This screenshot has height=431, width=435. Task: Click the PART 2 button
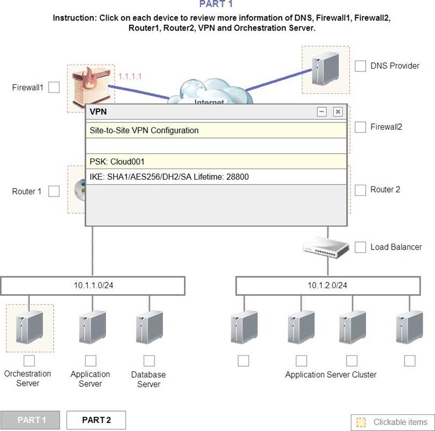[x=96, y=420]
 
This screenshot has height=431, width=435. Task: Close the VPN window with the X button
[x=337, y=112]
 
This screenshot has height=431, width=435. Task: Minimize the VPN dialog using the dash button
[x=321, y=112]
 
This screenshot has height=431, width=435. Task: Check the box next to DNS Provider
[x=360, y=66]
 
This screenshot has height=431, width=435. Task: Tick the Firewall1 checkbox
[x=54, y=87]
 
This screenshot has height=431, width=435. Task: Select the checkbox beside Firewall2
[x=360, y=127]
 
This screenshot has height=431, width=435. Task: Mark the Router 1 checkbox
[x=54, y=191]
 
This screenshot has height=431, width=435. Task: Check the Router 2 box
[x=360, y=190]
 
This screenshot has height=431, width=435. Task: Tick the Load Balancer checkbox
[x=360, y=247]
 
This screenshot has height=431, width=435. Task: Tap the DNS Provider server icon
[x=325, y=69]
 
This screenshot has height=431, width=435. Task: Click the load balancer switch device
[x=326, y=247]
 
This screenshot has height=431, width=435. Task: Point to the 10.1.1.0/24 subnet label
[x=93, y=286]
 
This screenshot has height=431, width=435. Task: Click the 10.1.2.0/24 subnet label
[x=327, y=286]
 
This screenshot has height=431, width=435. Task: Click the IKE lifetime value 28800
[x=238, y=177]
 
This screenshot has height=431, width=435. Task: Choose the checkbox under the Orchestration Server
[x=29, y=361]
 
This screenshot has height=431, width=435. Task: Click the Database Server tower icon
[x=149, y=327]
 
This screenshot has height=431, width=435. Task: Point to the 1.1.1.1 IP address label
[x=130, y=76]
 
